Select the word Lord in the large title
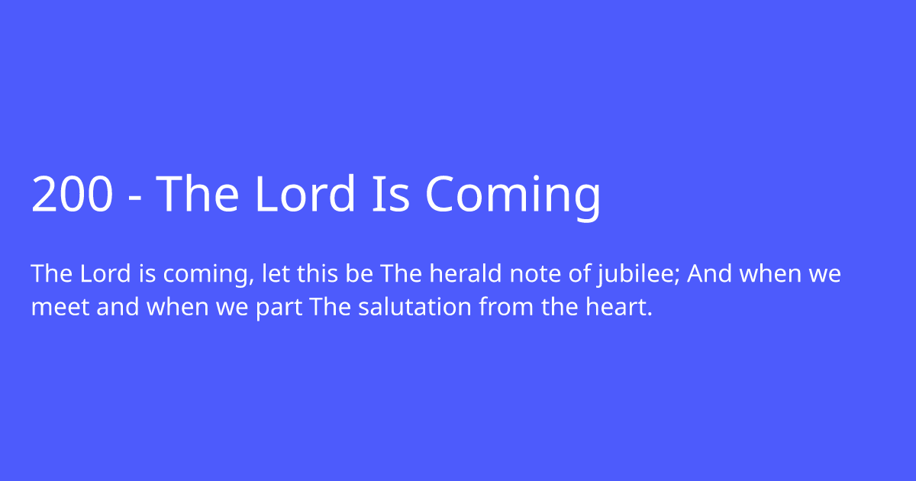pyautogui.click(x=305, y=195)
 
